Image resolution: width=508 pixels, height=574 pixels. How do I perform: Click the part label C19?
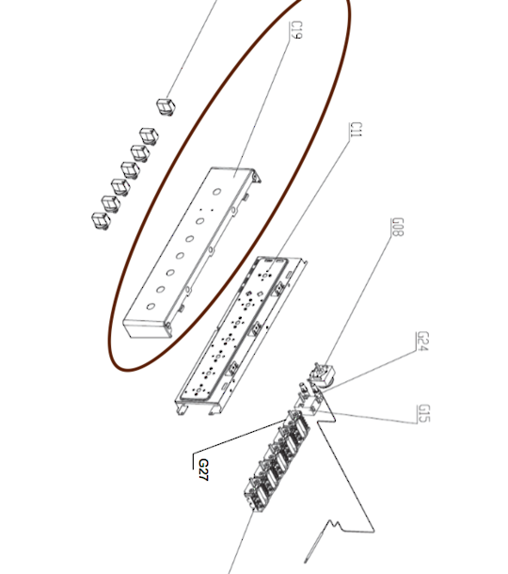(x=296, y=30)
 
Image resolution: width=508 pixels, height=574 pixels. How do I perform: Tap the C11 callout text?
(x=356, y=130)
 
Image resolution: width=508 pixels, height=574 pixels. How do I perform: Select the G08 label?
(x=398, y=227)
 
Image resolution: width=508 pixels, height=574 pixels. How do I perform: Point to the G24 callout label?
(x=422, y=342)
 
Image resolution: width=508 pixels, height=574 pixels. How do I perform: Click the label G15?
(x=423, y=413)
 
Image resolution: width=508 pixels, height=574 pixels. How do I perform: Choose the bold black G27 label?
(x=203, y=470)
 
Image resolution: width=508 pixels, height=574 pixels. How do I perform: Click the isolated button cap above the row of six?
(x=167, y=106)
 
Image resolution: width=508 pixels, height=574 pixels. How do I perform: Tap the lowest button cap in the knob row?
(x=101, y=221)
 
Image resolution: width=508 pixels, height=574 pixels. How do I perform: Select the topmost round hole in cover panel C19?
(x=216, y=191)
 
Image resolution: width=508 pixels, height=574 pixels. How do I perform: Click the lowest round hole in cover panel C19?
(x=151, y=307)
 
